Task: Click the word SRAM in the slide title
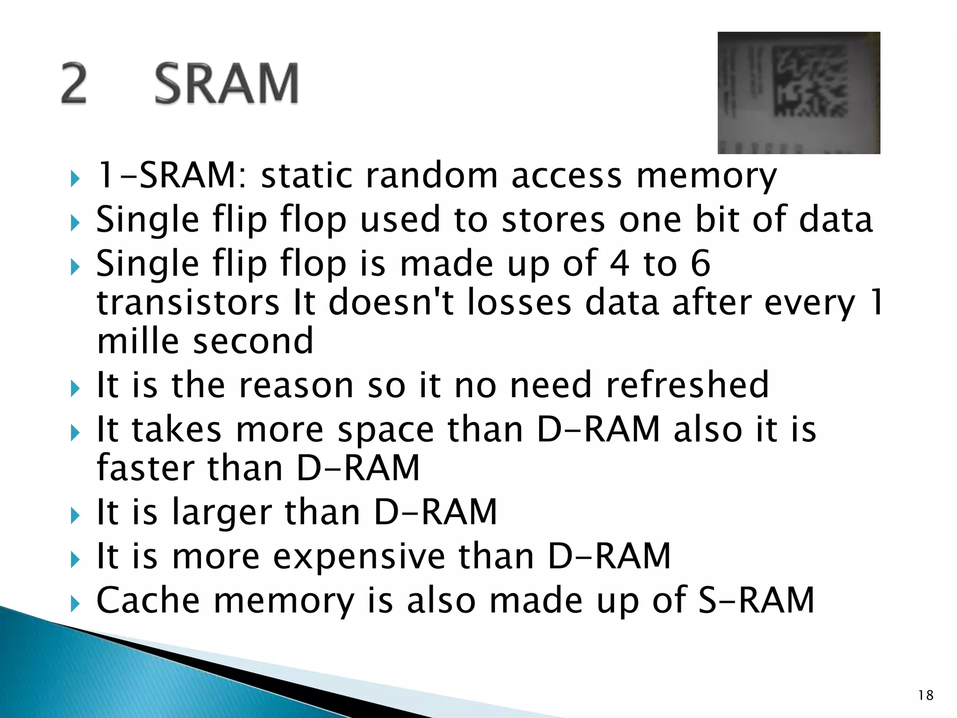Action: (x=227, y=84)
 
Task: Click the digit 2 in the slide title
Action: (x=74, y=84)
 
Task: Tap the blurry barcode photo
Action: (x=799, y=93)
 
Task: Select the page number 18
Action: (x=926, y=695)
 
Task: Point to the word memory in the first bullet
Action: (x=707, y=177)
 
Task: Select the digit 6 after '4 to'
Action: (x=700, y=263)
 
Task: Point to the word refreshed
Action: (x=687, y=385)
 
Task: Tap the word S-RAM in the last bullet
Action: (x=756, y=600)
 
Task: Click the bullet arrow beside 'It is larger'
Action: (x=75, y=516)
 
